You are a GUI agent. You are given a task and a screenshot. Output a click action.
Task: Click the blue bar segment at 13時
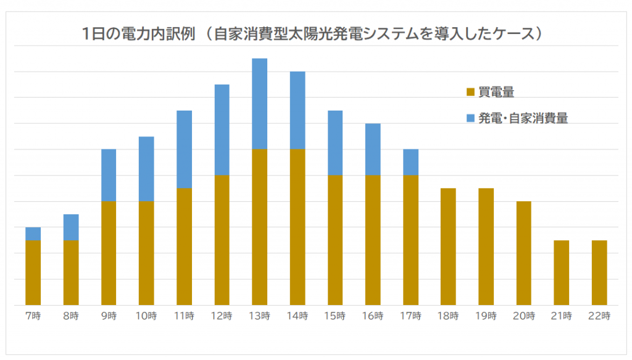pyautogui.click(x=260, y=104)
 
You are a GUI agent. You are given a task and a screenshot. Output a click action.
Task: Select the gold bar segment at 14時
pyautogui.click(x=297, y=227)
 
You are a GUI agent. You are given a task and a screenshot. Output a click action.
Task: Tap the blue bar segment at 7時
pyautogui.click(x=33, y=233)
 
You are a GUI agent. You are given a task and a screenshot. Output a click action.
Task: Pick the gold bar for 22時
pyautogui.click(x=599, y=272)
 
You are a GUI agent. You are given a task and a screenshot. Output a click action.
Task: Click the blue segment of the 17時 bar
pyautogui.click(x=410, y=162)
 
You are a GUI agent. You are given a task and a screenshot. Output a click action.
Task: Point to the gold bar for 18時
pyautogui.click(x=448, y=246)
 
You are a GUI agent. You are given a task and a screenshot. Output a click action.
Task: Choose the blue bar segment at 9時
pyautogui.click(x=109, y=175)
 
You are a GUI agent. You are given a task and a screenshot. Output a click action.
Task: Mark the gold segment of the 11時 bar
pyautogui.click(x=184, y=246)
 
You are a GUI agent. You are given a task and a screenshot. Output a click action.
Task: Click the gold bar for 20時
pyautogui.click(x=523, y=253)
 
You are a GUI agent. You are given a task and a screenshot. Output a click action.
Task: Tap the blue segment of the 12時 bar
pyautogui.click(x=222, y=130)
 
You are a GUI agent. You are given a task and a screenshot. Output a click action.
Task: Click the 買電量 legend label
pyautogui.click(x=496, y=93)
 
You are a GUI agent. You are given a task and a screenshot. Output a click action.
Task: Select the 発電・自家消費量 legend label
pyautogui.click(x=523, y=118)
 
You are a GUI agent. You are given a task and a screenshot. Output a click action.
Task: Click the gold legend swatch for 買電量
pyautogui.click(x=471, y=93)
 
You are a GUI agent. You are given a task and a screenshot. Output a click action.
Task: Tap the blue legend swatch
pyautogui.click(x=471, y=118)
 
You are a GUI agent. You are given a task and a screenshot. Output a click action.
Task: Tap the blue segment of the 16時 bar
pyautogui.click(x=373, y=149)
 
